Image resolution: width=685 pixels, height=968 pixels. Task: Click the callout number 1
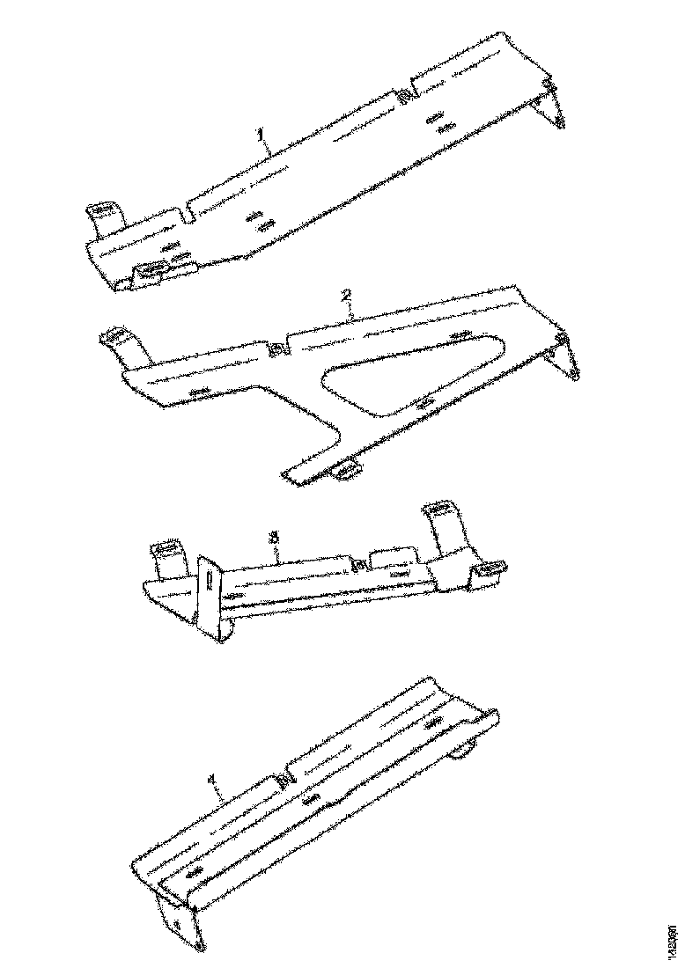(261, 134)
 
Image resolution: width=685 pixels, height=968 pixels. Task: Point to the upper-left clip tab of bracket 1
(102, 216)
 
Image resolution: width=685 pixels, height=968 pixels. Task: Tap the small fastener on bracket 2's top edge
(276, 350)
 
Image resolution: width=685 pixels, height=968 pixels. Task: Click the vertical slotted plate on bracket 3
(208, 590)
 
